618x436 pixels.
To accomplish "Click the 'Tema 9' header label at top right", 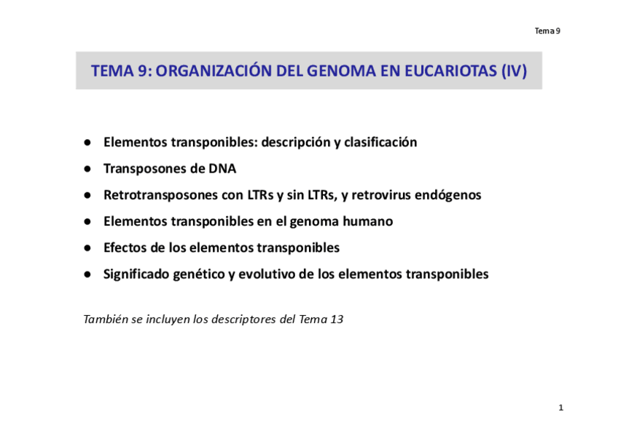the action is point(547,31).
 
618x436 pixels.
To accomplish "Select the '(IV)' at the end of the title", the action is point(514,71).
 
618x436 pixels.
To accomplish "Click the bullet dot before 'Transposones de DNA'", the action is point(87,169).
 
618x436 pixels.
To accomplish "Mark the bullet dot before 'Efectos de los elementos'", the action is point(87,248).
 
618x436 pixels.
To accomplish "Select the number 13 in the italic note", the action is point(337,319).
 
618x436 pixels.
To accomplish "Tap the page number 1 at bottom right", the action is point(561,408).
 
